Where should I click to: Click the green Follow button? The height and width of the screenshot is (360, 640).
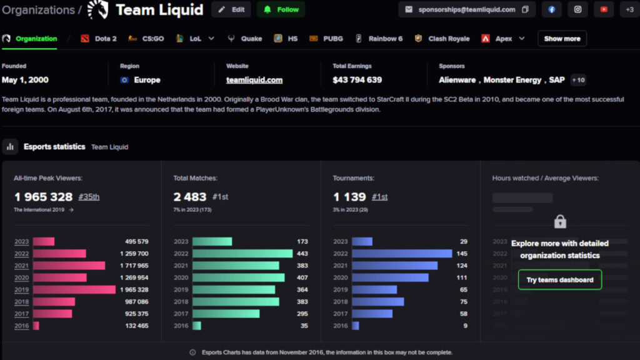click(x=281, y=9)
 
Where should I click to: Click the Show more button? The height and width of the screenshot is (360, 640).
click(x=562, y=39)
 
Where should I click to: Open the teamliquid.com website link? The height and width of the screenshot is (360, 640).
click(x=254, y=80)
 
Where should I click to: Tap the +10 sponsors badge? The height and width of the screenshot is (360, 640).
click(x=577, y=80)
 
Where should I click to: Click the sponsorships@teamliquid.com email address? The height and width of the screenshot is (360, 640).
click(x=466, y=9)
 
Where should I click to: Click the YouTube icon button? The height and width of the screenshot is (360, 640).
click(x=603, y=9)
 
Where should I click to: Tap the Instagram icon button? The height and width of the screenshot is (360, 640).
click(x=577, y=9)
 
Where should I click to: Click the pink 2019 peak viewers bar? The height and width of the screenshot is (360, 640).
click(x=74, y=289)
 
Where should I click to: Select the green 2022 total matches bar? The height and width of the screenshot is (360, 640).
click(x=242, y=254)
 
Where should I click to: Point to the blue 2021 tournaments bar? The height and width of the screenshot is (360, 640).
click(x=394, y=266)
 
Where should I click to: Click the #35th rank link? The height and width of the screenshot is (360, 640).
click(x=89, y=197)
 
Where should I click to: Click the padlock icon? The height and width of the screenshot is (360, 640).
click(x=560, y=221)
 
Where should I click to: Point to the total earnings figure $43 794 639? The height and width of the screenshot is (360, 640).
click(x=357, y=80)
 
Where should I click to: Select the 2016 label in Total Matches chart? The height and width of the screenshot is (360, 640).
click(x=181, y=326)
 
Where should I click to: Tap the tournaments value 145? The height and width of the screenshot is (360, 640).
click(x=462, y=254)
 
